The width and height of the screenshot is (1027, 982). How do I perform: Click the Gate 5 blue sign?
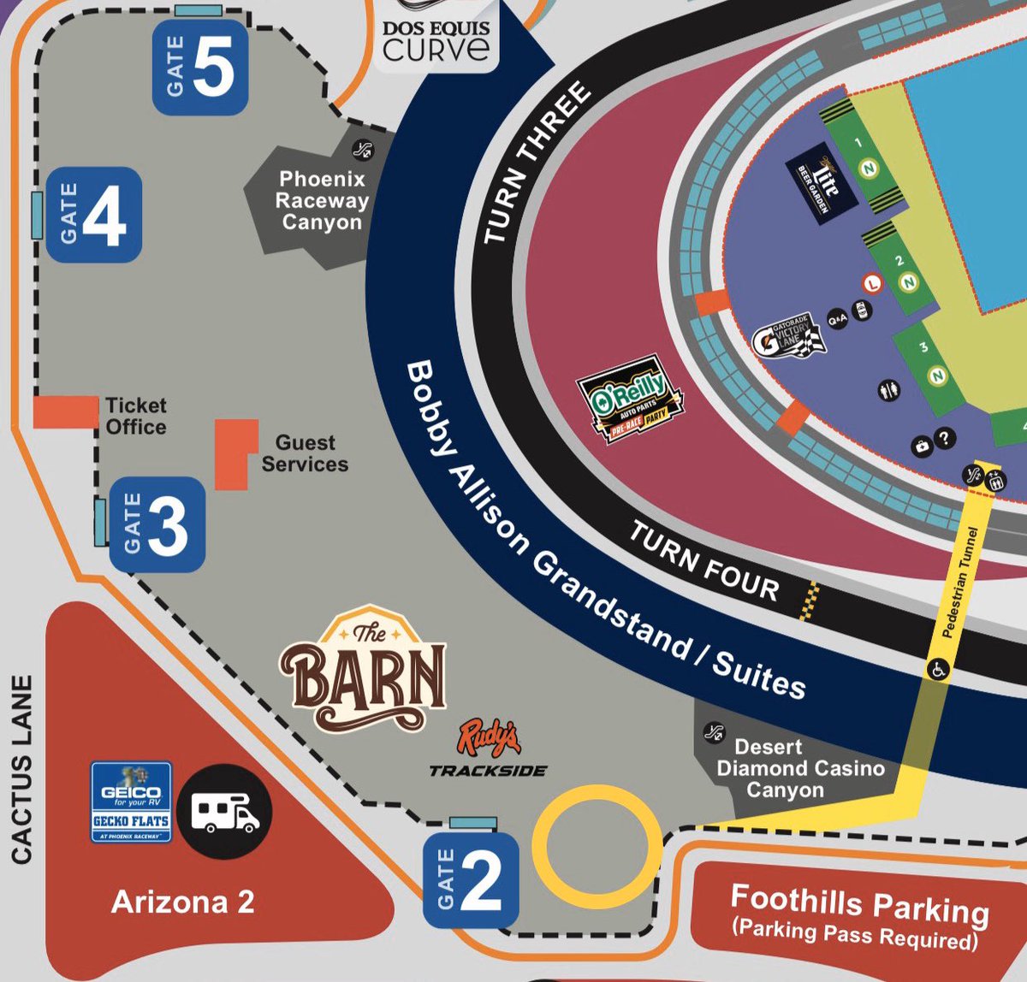(200, 68)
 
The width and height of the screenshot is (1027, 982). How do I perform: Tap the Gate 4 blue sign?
(93, 214)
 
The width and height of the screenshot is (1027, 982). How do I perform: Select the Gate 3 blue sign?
(157, 524)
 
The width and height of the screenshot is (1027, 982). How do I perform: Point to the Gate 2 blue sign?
(472, 879)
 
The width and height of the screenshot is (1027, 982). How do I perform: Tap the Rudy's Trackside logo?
(489, 749)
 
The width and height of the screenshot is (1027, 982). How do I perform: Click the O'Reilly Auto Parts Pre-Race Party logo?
(631, 400)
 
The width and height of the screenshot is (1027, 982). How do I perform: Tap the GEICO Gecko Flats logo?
(131, 802)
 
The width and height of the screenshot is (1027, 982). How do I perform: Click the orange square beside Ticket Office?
(66, 411)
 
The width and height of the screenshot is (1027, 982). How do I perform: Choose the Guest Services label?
(305, 453)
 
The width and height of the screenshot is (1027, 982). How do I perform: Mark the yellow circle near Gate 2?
(597, 847)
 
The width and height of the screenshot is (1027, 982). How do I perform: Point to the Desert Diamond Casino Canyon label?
(799, 768)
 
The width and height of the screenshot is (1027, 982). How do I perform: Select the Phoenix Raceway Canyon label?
(323, 200)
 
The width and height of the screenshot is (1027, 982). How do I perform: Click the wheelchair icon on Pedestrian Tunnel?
(938, 670)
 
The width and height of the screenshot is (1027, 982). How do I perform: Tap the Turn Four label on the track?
(703, 561)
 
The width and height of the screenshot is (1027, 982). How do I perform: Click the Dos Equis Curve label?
(436, 39)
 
